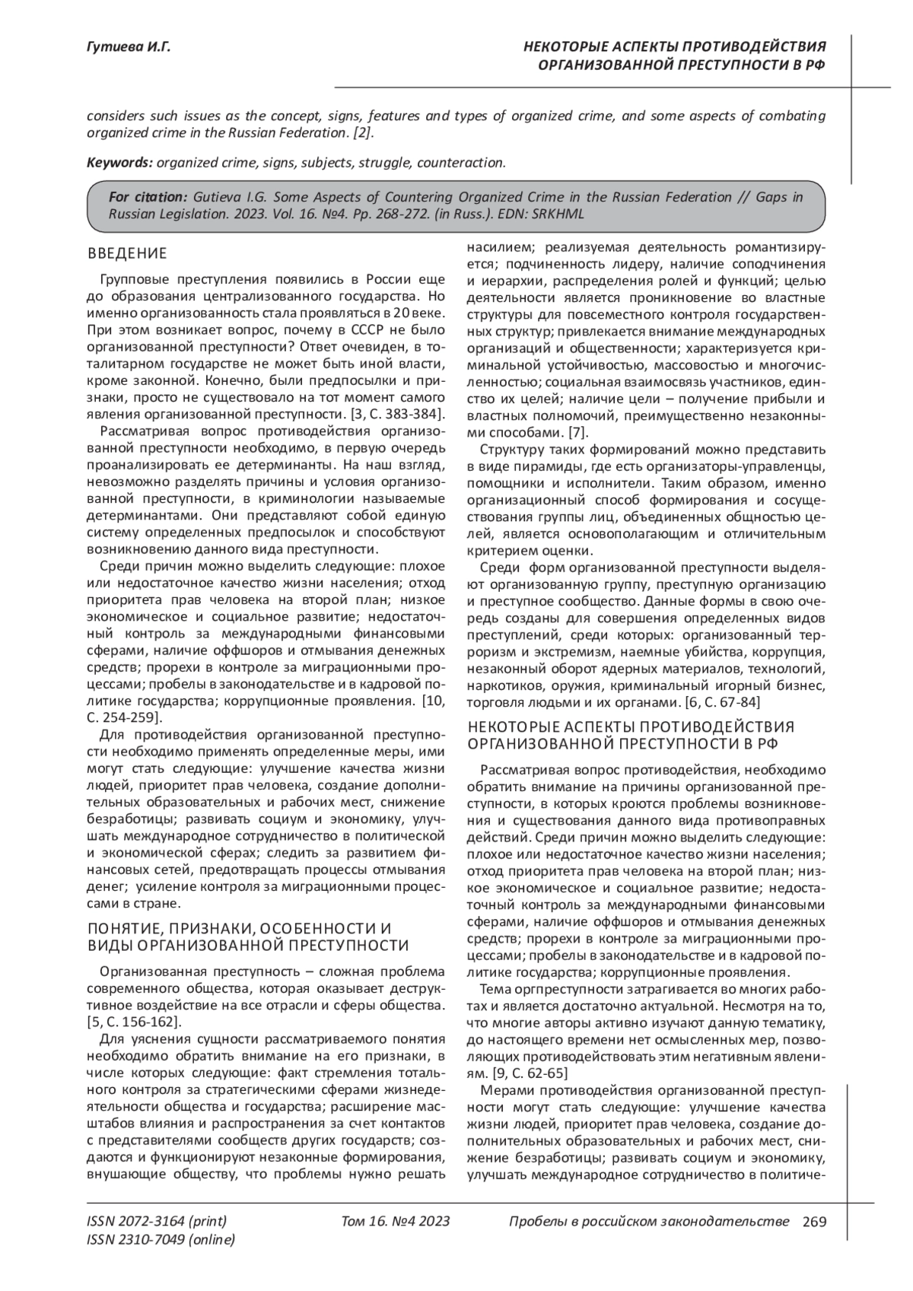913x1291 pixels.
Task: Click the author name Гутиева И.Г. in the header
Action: (129, 48)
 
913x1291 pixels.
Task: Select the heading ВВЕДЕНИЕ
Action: (127, 253)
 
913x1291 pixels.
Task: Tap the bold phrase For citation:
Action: (148, 197)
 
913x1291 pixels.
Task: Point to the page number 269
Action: (813, 1222)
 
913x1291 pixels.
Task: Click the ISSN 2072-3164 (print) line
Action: (157, 1222)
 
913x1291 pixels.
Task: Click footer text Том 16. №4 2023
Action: (396, 1222)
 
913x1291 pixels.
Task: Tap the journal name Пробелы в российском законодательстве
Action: (648, 1222)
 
